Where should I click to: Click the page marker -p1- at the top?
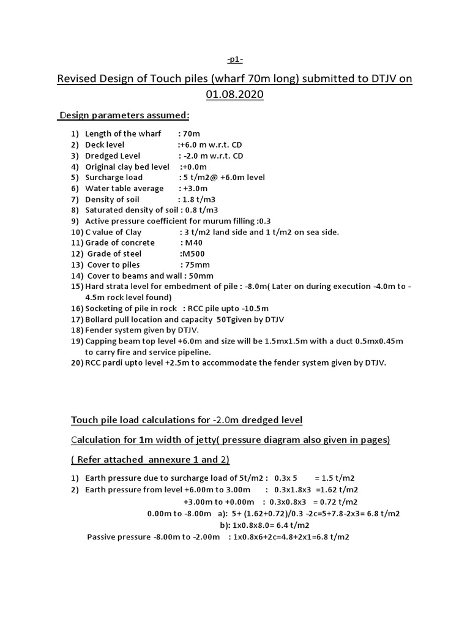point(235,59)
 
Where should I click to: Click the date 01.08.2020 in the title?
point(235,95)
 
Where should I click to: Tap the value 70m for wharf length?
point(192,133)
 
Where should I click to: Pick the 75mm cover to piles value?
point(195,265)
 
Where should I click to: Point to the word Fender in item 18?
point(99,330)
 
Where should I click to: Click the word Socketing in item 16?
point(105,309)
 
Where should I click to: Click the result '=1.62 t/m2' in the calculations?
point(337,489)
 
